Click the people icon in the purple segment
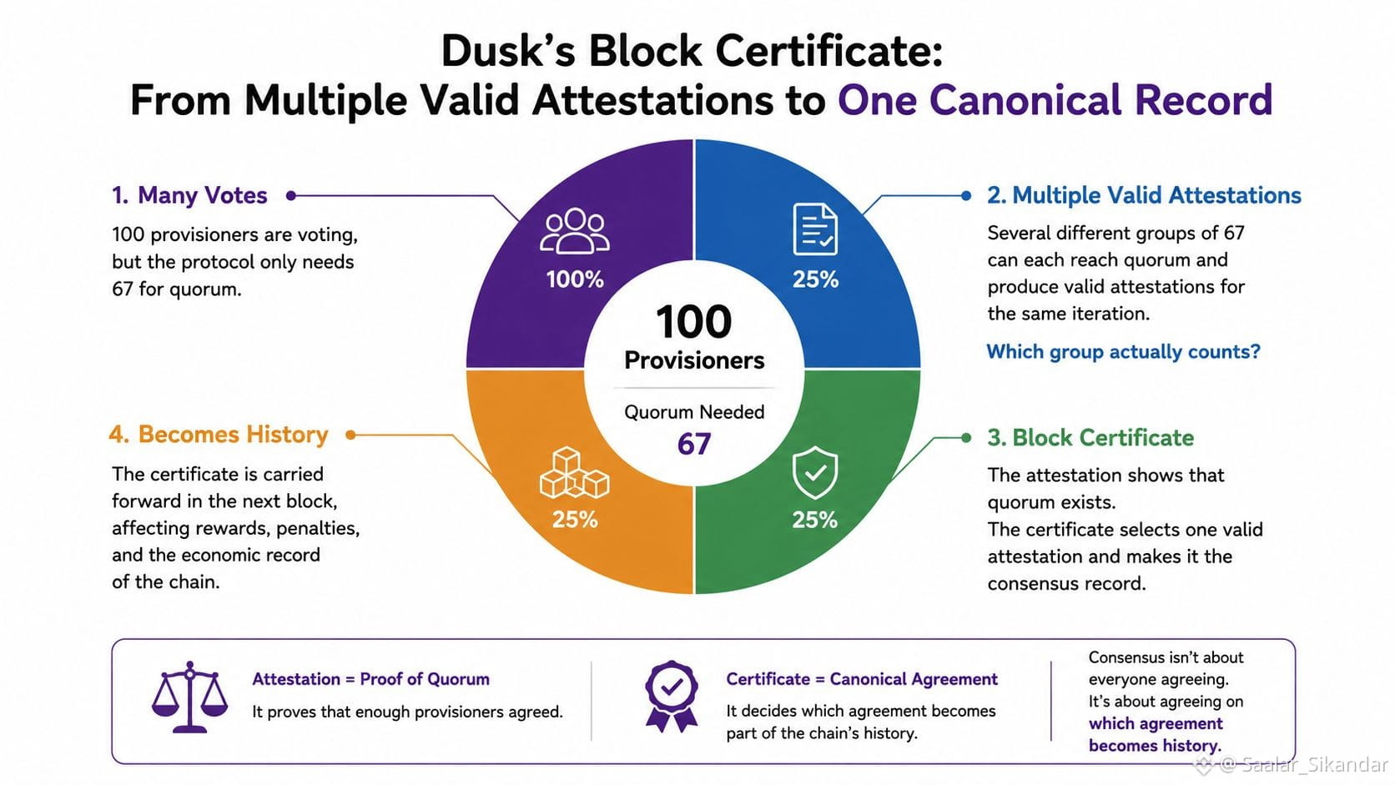574,232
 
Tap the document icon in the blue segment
815,229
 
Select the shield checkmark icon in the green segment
814,472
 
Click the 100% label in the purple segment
575,279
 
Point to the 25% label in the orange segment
575,519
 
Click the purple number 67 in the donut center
694,444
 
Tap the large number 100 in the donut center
694,322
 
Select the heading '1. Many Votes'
189,195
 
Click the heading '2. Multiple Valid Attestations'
1144,195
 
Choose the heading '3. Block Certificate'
1090,438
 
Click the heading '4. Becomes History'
219,435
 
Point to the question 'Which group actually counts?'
1124,352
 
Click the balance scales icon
190,697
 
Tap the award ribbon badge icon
672,697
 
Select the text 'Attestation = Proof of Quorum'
370,679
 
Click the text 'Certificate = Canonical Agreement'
862,679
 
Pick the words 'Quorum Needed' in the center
694,412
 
